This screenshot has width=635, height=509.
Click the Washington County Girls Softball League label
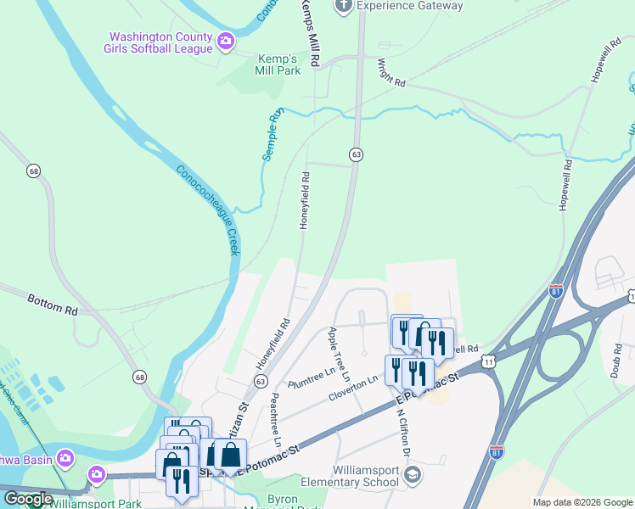click(x=160, y=43)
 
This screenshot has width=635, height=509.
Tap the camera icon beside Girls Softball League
click(x=226, y=41)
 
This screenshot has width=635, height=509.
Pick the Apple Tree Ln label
click(x=339, y=353)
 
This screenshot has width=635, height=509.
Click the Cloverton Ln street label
click(x=352, y=389)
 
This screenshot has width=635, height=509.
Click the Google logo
click(x=28, y=499)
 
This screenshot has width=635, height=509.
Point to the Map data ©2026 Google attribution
click(x=582, y=502)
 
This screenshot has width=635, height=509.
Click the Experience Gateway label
click(x=409, y=6)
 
